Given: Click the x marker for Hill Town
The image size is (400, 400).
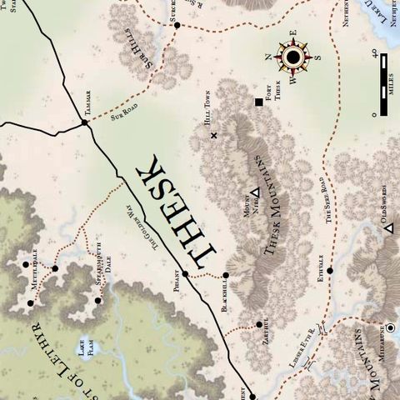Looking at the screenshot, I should click(x=214, y=135).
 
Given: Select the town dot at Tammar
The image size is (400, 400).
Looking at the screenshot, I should click(x=85, y=124).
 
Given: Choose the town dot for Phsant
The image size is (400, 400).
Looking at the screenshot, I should click(x=186, y=274).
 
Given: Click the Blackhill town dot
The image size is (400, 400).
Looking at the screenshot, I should click(x=227, y=274).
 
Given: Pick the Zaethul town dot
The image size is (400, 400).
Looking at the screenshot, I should click(x=259, y=325).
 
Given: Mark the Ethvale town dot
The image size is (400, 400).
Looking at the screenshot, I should click(x=330, y=271).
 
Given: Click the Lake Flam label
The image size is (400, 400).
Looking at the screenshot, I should click(x=85, y=343).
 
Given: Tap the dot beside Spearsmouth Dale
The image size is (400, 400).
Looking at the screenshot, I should click(x=98, y=301).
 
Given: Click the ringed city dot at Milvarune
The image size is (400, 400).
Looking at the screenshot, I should click(x=389, y=327).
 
